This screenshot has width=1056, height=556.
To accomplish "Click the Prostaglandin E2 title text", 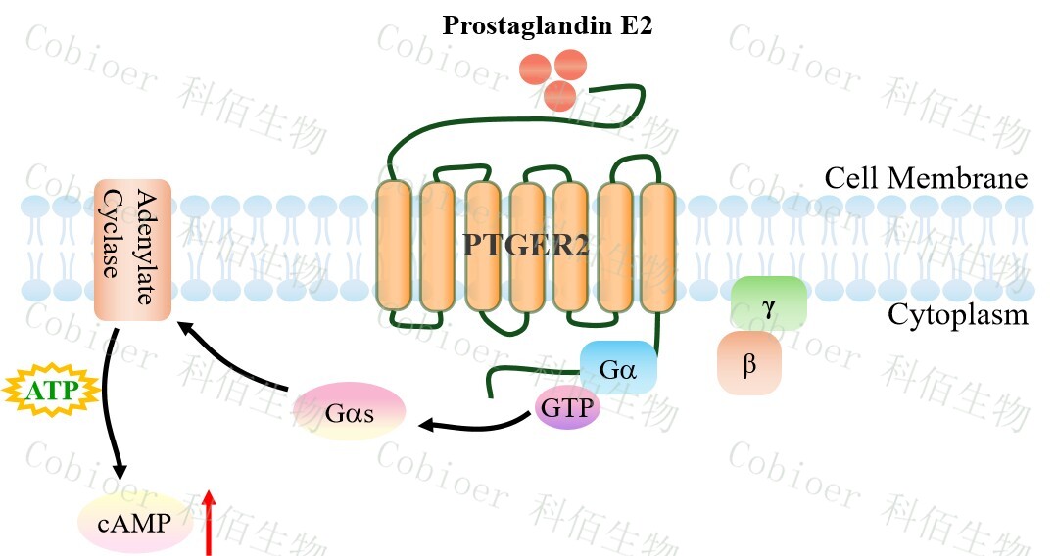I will pos(547,25).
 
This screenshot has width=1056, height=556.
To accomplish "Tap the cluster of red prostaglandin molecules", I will pos(551,76).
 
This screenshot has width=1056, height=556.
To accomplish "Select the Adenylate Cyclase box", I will pos(132,249).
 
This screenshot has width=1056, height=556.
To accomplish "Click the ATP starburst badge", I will pos(50,392).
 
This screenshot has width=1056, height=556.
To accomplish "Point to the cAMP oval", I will pos(132,524).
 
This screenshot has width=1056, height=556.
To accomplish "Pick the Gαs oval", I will pos(350,411).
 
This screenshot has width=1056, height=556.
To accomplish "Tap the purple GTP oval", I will pos(567,406).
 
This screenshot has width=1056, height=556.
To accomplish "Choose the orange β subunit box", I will pos(749,363).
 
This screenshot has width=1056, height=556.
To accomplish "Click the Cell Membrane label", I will pos(925,179).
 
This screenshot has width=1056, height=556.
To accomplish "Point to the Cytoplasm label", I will pos(957,315).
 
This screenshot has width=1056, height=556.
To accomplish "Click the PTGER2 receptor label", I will pos(525,246).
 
